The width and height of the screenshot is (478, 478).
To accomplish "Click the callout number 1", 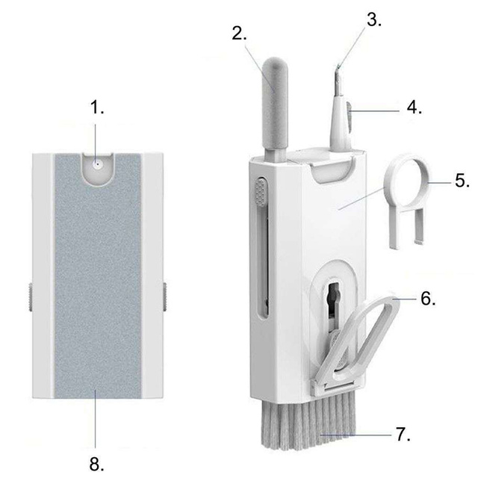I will (x=98, y=109).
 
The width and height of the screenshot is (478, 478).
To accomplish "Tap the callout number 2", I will (x=239, y=34).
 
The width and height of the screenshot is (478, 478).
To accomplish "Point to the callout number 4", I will (x=415, y=107).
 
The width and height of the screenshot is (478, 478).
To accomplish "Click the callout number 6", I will (x=427, y=299).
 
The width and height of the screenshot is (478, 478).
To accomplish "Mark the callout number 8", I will (x=96, y=464).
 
